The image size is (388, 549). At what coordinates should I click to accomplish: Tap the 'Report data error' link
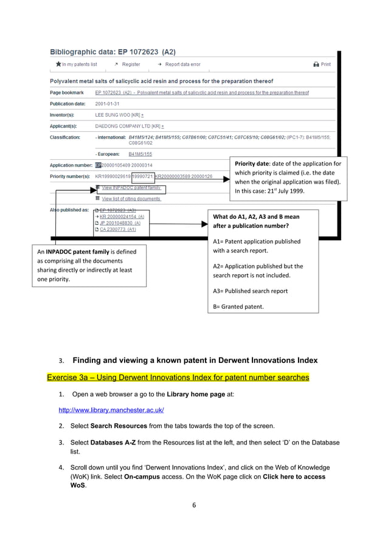178,64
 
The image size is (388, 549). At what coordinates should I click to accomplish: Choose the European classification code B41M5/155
140,154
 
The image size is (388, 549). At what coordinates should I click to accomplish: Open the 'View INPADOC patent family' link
131,188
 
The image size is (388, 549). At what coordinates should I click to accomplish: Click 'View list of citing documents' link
131,199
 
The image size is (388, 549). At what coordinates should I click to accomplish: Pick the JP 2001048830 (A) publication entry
120,223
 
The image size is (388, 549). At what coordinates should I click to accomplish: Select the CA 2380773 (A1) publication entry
117,229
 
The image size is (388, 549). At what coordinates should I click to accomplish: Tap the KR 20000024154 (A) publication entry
122,216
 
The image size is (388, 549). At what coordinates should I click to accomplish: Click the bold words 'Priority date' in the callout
252,164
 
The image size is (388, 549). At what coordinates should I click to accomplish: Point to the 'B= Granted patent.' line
238,306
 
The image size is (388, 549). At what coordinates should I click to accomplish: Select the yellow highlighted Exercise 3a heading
178,378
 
